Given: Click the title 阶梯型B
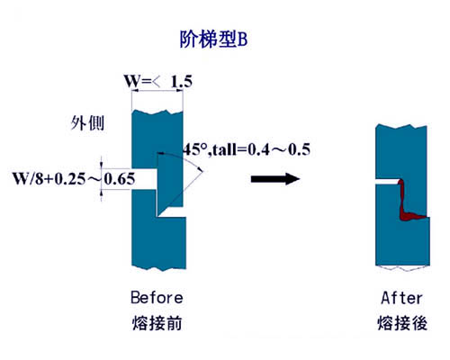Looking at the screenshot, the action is pos(213,39).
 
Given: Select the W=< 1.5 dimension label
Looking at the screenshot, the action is pos(158,81).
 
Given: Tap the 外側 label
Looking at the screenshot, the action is pos(87,123).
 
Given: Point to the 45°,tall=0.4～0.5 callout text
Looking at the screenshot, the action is pos(247,149).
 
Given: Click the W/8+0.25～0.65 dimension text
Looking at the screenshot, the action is pos(74,179).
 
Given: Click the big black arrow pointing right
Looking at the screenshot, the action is pos(275,179).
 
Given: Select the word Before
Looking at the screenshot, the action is pos(157,298).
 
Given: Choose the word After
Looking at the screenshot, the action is pos(401,298).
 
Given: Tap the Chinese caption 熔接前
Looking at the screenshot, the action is pos(157,323).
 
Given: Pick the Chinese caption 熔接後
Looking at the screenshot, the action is pos(402,323).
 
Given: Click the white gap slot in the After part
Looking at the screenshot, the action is pos(387,182).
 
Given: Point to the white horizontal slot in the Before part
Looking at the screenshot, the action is pos(144,179).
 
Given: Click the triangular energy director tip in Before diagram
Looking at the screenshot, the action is pos(168,183).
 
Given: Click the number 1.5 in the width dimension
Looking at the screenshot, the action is pos(182,81).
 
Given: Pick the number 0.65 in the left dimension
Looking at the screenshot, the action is pos(120,179).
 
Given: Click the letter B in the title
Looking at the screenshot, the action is pos(242,40).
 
